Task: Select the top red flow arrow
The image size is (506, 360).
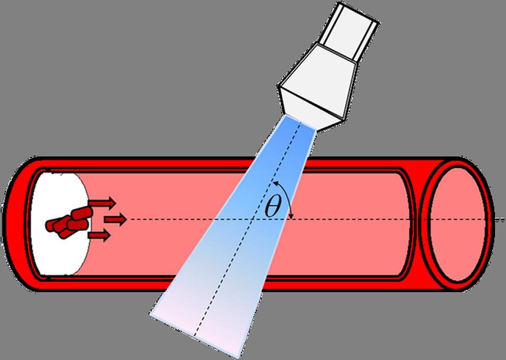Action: point(102,203)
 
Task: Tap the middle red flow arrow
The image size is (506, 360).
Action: point(116,219)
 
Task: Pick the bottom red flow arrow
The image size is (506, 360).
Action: point(99,235)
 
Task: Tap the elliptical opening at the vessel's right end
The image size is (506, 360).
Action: point(457,224)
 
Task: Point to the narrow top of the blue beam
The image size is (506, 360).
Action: point(300,123)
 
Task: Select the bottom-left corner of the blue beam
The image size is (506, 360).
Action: point(151,313)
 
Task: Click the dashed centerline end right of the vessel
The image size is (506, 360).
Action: point(502,220)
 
